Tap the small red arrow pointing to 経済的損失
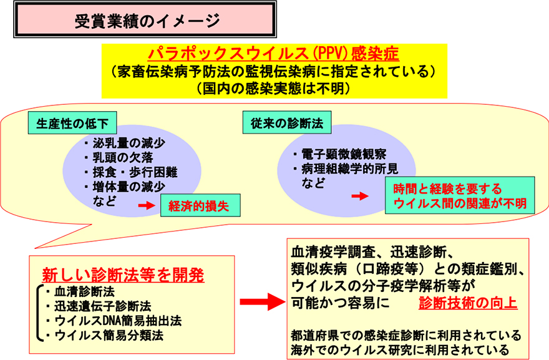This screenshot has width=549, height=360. pos(145,205)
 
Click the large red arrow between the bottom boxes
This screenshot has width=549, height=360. pos(262,302)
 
